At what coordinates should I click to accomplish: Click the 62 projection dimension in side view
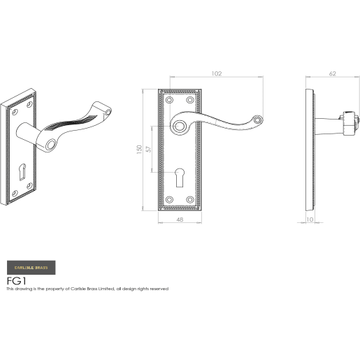pos(332,72)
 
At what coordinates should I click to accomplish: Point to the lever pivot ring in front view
pos(184,127)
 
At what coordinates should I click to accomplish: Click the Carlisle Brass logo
pos(32,266)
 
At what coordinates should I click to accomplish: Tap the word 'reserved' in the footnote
pos(158,288)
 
